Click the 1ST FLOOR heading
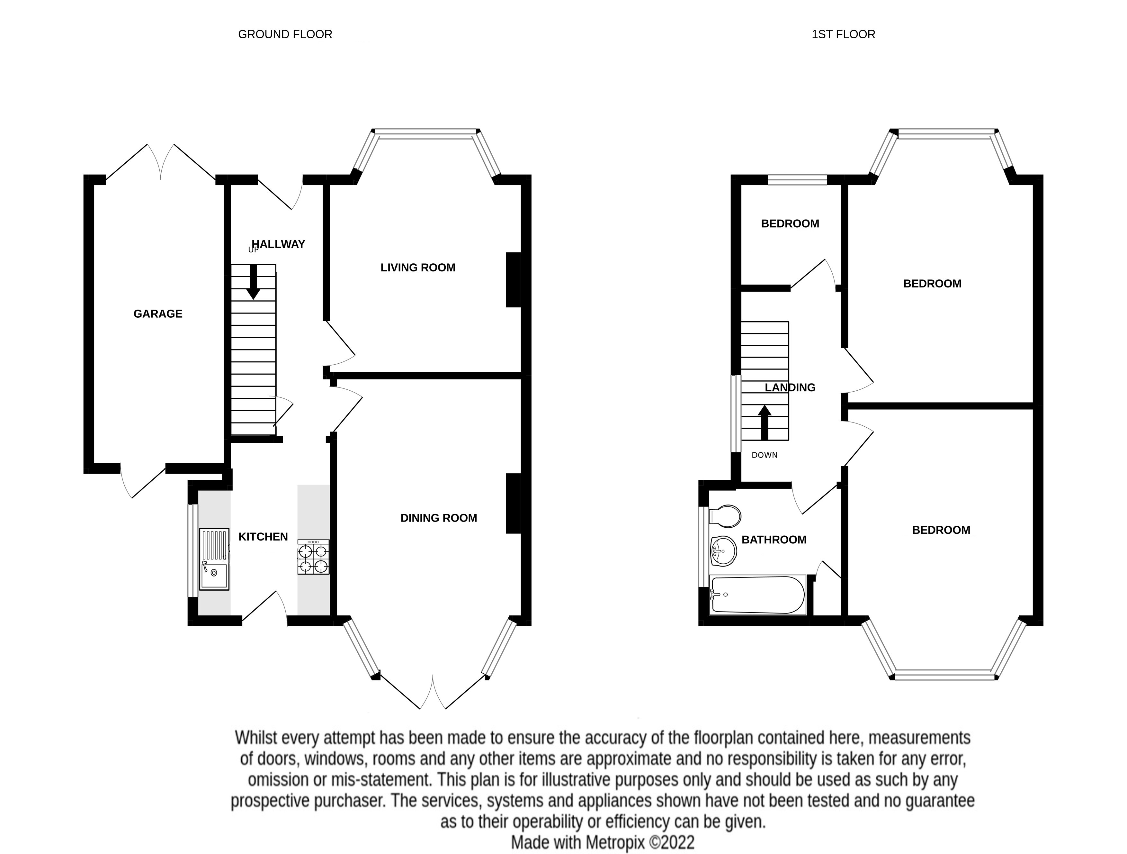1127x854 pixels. (843, 34)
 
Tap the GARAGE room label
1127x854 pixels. (158, 313)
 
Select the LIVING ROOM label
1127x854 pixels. (418, 267)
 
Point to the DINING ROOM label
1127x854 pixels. (439, 518)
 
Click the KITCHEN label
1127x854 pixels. (263, 536)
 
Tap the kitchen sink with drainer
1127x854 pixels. (214, 559)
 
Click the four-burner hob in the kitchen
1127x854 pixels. (313, 557)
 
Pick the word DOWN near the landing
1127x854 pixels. (764, 455)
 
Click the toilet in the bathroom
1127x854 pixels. (724, 516)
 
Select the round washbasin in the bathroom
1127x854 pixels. (722, 551)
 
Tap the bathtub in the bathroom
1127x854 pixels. (758, 595)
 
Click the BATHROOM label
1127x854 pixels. (774, 540)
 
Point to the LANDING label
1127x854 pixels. (790, 387)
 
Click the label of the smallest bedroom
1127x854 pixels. (790, 223)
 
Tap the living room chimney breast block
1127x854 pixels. (513, 280)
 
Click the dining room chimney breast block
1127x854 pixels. (513, 503)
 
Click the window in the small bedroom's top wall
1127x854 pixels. (797, 179)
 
